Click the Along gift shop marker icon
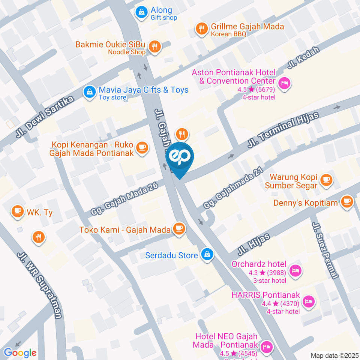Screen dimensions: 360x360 click(x=141, y=13)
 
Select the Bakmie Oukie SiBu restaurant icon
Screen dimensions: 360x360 click(x=154, y=47)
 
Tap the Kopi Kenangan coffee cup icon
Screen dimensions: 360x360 click(x=141, y=147)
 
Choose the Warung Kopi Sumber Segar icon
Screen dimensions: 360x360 click(x=326, y=180)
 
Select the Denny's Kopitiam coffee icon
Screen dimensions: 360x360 click(x=347, y=202)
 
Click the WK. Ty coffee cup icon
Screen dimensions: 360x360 click(x=17, y=211)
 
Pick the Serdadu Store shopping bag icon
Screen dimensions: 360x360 click(x=207, y=255)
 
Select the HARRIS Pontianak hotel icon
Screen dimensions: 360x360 click(x=309, y=301)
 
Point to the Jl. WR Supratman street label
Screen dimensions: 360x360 click(x=39, y=285)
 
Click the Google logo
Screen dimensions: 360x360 click(x=20, y=352)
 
